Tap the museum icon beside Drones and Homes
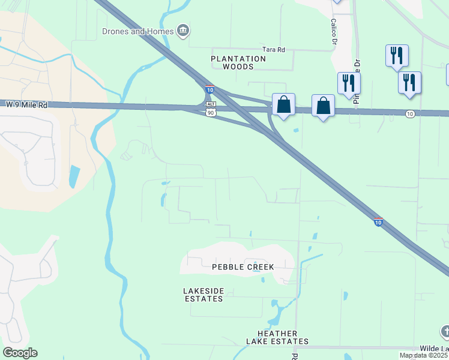(x=184, y=31)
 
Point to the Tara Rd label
(x=273, y=50)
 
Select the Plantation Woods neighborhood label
(x=238, y=63)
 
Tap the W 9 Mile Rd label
(x=26, y=104)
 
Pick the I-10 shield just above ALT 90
(x=209, y=89)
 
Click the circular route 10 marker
(x=409, y=113)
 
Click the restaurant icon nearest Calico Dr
(x=349, y=83)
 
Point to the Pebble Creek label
(x=243, y=266)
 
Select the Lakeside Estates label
(x=203, y=295)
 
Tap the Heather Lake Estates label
(x=277, y=337)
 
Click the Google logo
(x=20, y=353)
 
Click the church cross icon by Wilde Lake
(x=445, y=331)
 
